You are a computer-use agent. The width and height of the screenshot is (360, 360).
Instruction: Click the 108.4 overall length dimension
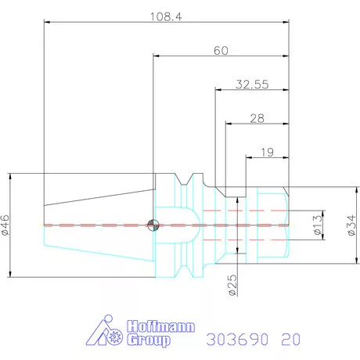[166, 16]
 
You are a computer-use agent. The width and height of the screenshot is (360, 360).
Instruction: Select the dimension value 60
[221, 51]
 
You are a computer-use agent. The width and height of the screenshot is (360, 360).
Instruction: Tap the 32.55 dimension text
[252, 85]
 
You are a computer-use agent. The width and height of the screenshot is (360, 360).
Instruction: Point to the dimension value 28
[257, 118]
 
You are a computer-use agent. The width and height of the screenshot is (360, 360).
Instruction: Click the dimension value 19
[268, 153]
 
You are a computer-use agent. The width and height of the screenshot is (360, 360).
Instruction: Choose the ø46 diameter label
[5, 225]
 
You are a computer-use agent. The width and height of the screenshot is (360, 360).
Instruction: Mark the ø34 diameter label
[351, 225]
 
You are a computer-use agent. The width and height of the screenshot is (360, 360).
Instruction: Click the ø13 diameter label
[318, 225]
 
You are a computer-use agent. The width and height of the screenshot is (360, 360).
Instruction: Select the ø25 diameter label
[233, 285]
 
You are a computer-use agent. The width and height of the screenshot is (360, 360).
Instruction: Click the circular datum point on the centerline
[153, 225]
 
